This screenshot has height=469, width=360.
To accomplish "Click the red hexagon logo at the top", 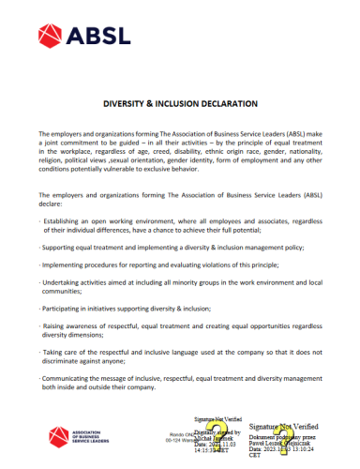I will (x=51, y=37).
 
